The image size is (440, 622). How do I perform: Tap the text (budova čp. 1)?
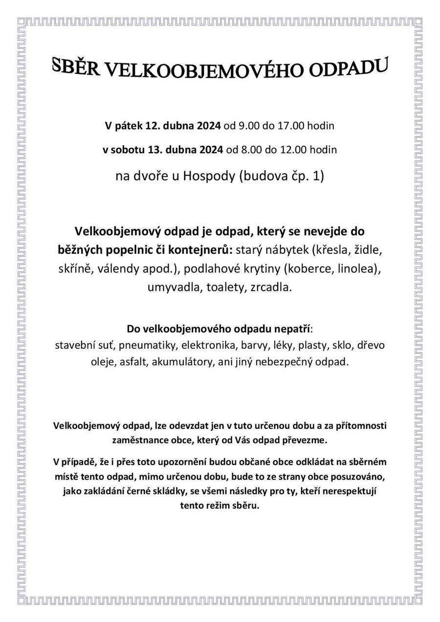tap(281, 176)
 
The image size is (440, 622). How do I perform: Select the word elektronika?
tap(210, 345)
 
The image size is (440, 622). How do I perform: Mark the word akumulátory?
tap(183, 362)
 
